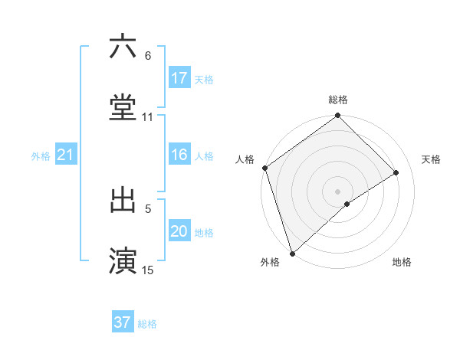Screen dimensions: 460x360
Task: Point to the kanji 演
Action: tap(123, 260)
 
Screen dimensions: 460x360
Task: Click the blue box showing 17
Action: tap(179, 78)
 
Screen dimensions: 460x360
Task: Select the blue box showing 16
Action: tap(179, 155)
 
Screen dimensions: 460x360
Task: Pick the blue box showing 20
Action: tap(179, 232)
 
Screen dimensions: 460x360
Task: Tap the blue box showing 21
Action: tap(65, 155)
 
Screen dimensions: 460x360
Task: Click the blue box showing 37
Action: tap(123, 322)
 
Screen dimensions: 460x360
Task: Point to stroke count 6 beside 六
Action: tap(148, 56)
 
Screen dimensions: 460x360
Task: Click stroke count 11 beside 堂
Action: tap(148, 117)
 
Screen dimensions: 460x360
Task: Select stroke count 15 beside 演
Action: tap(148, 270)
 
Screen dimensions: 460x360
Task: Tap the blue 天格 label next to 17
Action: tap(204, 79)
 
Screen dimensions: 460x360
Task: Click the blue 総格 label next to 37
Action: tap(148, 323)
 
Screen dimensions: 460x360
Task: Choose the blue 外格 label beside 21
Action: tap(41, 156)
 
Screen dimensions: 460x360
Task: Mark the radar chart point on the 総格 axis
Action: tap(337, 117)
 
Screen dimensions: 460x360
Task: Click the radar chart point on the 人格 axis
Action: tap(264, 168)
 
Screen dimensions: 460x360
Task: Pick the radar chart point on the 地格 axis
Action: tap(347, 204)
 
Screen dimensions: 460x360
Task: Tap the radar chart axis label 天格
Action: tap(431, 159)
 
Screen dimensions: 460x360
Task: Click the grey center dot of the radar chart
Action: tap(337, 191)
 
